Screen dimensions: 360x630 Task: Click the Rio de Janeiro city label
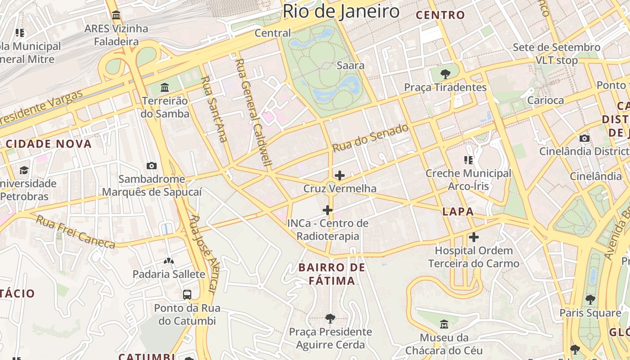pos(341,11)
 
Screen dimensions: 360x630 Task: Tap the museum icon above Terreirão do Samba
pos(165,87)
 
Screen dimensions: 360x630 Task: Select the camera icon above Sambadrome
pos(152,166)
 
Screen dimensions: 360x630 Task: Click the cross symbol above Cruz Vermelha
pos(340,175)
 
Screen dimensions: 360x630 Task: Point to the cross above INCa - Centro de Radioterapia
pos(328,210)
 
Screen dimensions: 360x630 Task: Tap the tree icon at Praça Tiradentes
pos(445,74)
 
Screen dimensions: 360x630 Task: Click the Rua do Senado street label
pos(370,138)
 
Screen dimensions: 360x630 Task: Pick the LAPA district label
pos(458,211)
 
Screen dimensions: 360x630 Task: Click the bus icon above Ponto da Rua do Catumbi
pos(187,295)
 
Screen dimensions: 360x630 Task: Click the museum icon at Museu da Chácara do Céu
pos(444,324)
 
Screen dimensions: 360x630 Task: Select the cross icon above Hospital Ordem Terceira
pos(474,237)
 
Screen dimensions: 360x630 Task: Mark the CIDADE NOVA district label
pos(49,144)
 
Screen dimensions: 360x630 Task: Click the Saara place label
pos(351,66)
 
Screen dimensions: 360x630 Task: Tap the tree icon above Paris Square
pos(590,299)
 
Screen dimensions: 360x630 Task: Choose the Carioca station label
pos(545,100)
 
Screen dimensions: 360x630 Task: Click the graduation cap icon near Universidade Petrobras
pos(24,170)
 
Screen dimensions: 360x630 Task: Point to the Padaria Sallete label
pos(169,274)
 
